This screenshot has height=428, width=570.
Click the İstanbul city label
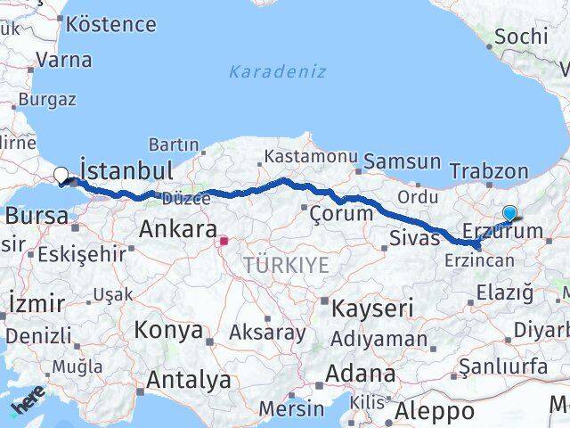point(126,169)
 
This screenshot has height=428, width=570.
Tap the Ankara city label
point(175,229)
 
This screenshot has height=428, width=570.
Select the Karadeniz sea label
point(277,71)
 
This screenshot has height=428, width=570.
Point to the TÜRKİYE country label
point(286,265)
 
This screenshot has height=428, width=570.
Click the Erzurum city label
point(502,232)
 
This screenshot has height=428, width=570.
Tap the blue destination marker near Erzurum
point(509,213)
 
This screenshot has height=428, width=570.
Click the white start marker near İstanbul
point(61,176)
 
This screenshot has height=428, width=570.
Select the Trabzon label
point(489,170)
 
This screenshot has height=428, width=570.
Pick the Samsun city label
point(402,161)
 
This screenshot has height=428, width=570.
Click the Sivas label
point(415,237)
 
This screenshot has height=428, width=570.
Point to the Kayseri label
point(372,309)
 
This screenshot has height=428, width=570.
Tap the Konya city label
point(168,330)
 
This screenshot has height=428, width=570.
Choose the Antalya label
point(188,380)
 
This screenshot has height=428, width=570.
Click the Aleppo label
point(435,411)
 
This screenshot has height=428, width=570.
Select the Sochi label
point(521,36)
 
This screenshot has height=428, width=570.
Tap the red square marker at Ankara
point(225,240)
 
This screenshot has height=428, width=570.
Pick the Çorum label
point(340,214)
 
